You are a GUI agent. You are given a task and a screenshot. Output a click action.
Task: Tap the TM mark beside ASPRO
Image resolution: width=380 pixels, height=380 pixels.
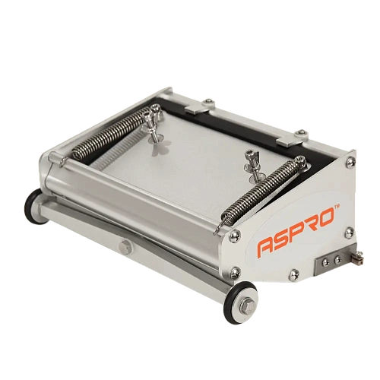click(337, 207)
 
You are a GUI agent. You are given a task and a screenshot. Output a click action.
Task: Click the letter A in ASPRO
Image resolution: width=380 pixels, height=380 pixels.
click(266, 247)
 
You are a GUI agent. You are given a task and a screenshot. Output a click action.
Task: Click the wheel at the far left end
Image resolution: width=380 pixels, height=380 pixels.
click(36, 206)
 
